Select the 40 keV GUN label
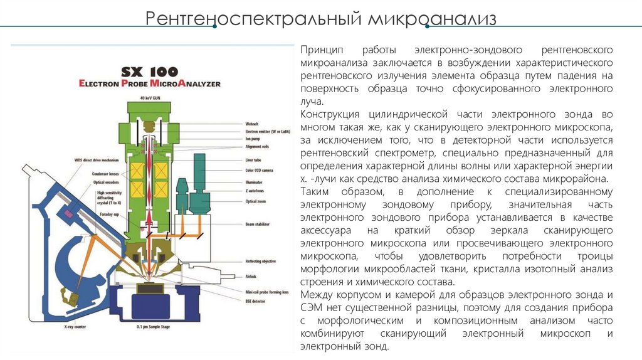(152, 98)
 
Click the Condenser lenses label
(90, 174)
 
